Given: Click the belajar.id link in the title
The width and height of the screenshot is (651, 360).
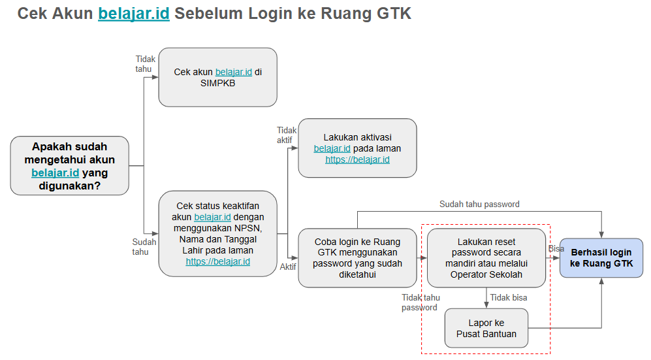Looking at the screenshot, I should (x=134, y=14).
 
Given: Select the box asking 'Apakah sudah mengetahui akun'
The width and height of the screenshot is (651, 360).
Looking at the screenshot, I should (x=69, y=165).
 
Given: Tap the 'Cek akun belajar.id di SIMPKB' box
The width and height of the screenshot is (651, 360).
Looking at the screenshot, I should (x=217, y=77).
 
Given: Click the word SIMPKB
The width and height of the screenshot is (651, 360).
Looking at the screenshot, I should (x=217, y=83).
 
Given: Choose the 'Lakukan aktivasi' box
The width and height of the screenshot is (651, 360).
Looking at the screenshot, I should (x=357, y=148).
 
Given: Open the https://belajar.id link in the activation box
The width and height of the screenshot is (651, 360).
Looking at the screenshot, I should (x=357, y=159).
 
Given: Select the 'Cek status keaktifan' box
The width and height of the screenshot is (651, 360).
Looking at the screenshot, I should (x=217, y=233).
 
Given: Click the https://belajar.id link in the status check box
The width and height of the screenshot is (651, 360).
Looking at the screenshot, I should (x=217, y=261).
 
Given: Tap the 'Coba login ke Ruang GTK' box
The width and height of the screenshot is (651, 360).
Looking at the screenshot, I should (x=357, y=257).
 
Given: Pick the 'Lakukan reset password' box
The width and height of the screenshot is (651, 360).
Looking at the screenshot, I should (x=486, y=257).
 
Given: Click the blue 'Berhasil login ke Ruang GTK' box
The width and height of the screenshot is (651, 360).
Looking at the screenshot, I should (x=601, y=258).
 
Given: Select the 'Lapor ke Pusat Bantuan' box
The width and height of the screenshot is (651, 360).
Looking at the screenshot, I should (x=486, y=328).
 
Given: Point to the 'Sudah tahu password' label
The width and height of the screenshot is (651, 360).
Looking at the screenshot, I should (x=479, y=205).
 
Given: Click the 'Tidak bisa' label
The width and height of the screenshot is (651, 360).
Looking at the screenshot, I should (x=509, y=298).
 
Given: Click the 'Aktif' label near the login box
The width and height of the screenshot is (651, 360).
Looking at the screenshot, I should (x=288, y=267).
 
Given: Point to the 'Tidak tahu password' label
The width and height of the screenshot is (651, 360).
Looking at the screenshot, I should (x=419, y=303).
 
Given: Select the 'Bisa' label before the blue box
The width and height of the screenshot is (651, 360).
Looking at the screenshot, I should (x=556, y=248).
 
